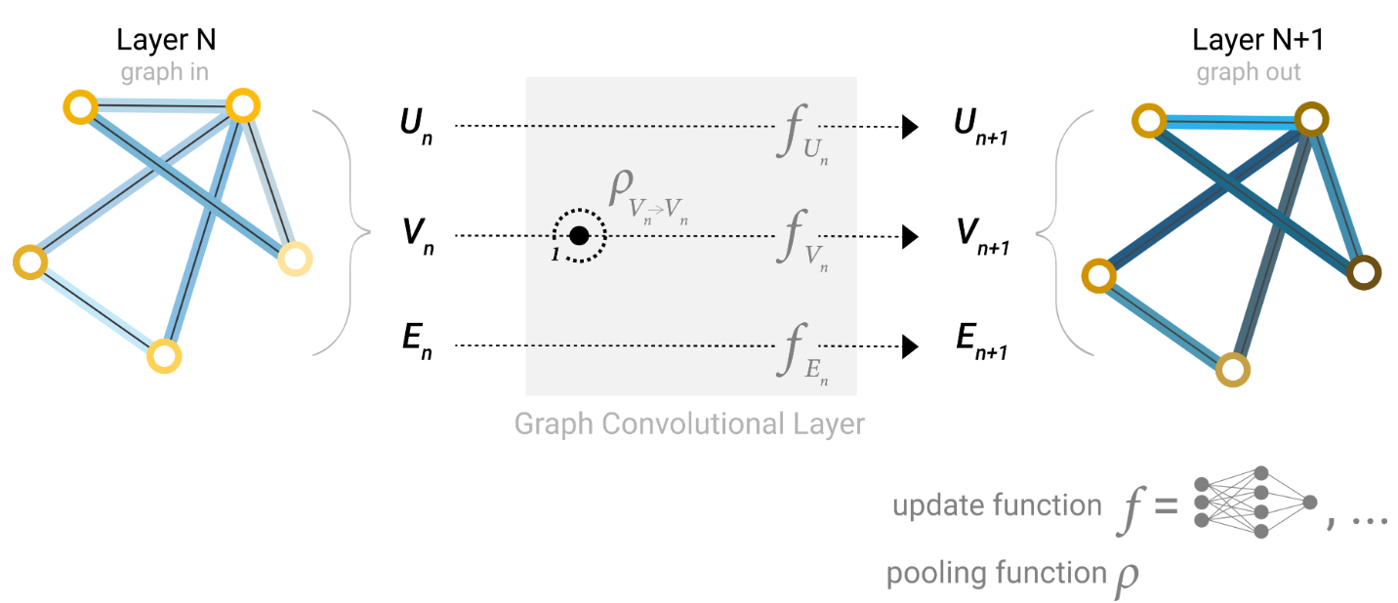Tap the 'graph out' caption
tap(1249, 72)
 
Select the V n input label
tap(415, 238)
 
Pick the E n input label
tap(414, 347)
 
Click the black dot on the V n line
tap(579, 236)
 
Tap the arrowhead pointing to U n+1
tap(910, 127)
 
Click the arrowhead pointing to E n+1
tap(910, 346)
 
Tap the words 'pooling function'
tap(994, 573)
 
